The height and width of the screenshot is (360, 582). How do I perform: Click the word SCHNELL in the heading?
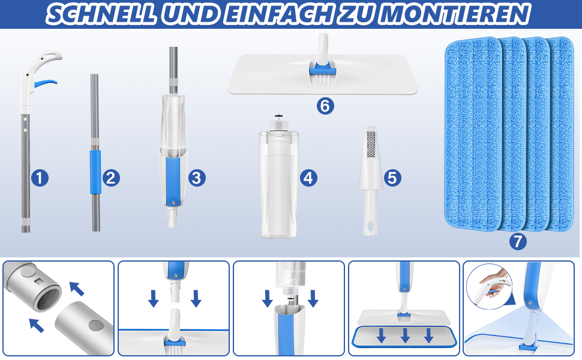101,14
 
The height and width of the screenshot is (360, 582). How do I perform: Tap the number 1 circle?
40,178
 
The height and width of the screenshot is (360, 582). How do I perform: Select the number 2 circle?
111,178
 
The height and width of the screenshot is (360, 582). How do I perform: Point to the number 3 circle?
197,178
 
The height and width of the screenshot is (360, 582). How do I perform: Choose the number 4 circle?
308,178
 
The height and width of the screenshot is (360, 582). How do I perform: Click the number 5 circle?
393,178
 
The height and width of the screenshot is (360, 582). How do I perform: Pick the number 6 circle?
325,106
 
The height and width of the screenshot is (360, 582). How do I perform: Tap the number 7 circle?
518,242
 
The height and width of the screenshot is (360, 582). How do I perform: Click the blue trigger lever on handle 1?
44,83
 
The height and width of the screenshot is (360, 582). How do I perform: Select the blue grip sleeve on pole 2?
95,172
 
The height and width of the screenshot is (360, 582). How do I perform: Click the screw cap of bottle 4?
278,122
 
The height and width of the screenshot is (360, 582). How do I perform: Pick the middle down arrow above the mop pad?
406,335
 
